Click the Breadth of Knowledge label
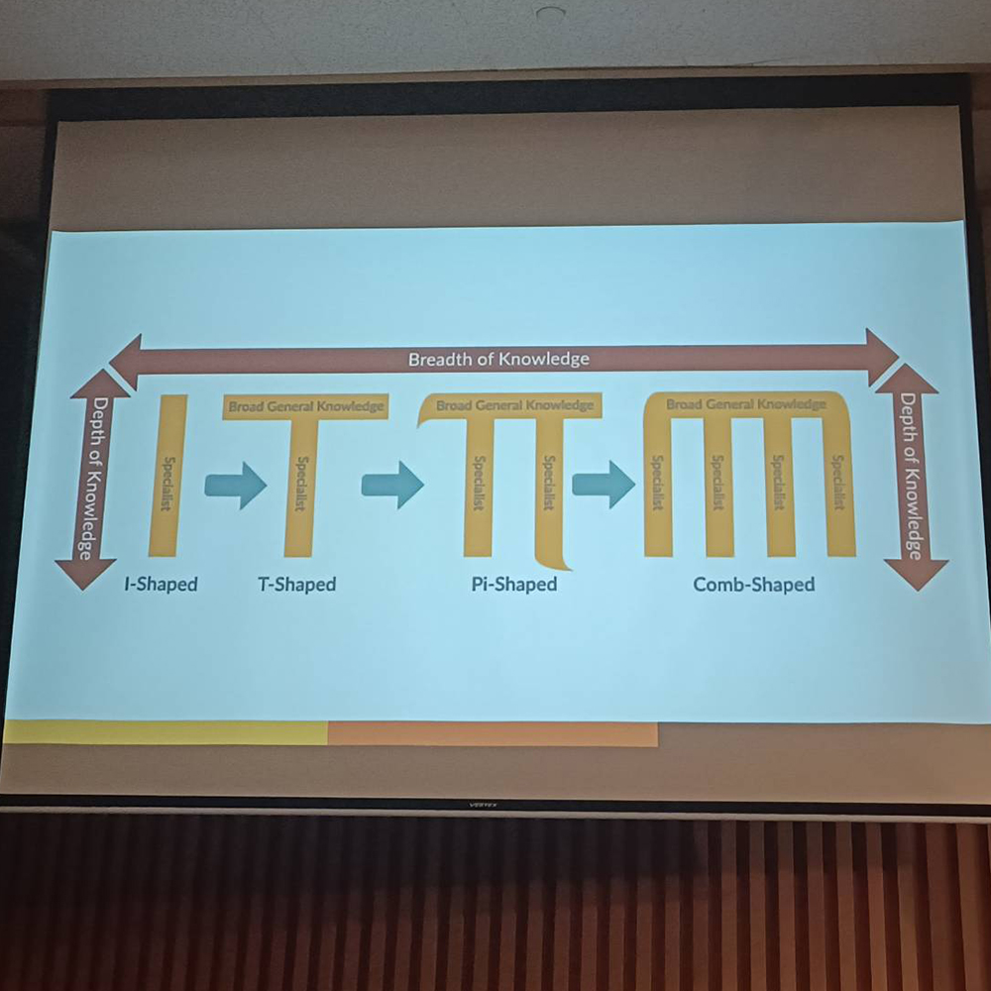click(498, 359)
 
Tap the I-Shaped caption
click(161, 584)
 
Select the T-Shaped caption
click(297, 584)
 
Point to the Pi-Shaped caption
click(513, 584)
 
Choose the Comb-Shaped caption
click(753, 584)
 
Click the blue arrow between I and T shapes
click(236, 486)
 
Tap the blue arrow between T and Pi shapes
click(392, 486)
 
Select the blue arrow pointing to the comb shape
click(604, 486)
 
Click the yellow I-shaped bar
click(166, 476)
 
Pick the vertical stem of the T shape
click(299, 486)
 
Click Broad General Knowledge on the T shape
click(305, 406)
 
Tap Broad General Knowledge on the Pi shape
click(514, 406)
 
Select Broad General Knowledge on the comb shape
click(745, 404)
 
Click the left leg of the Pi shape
click(478, 486)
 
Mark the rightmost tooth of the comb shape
click(838, 486)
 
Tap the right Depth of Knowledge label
click(909, 477)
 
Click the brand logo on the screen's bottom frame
click(483, 804)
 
